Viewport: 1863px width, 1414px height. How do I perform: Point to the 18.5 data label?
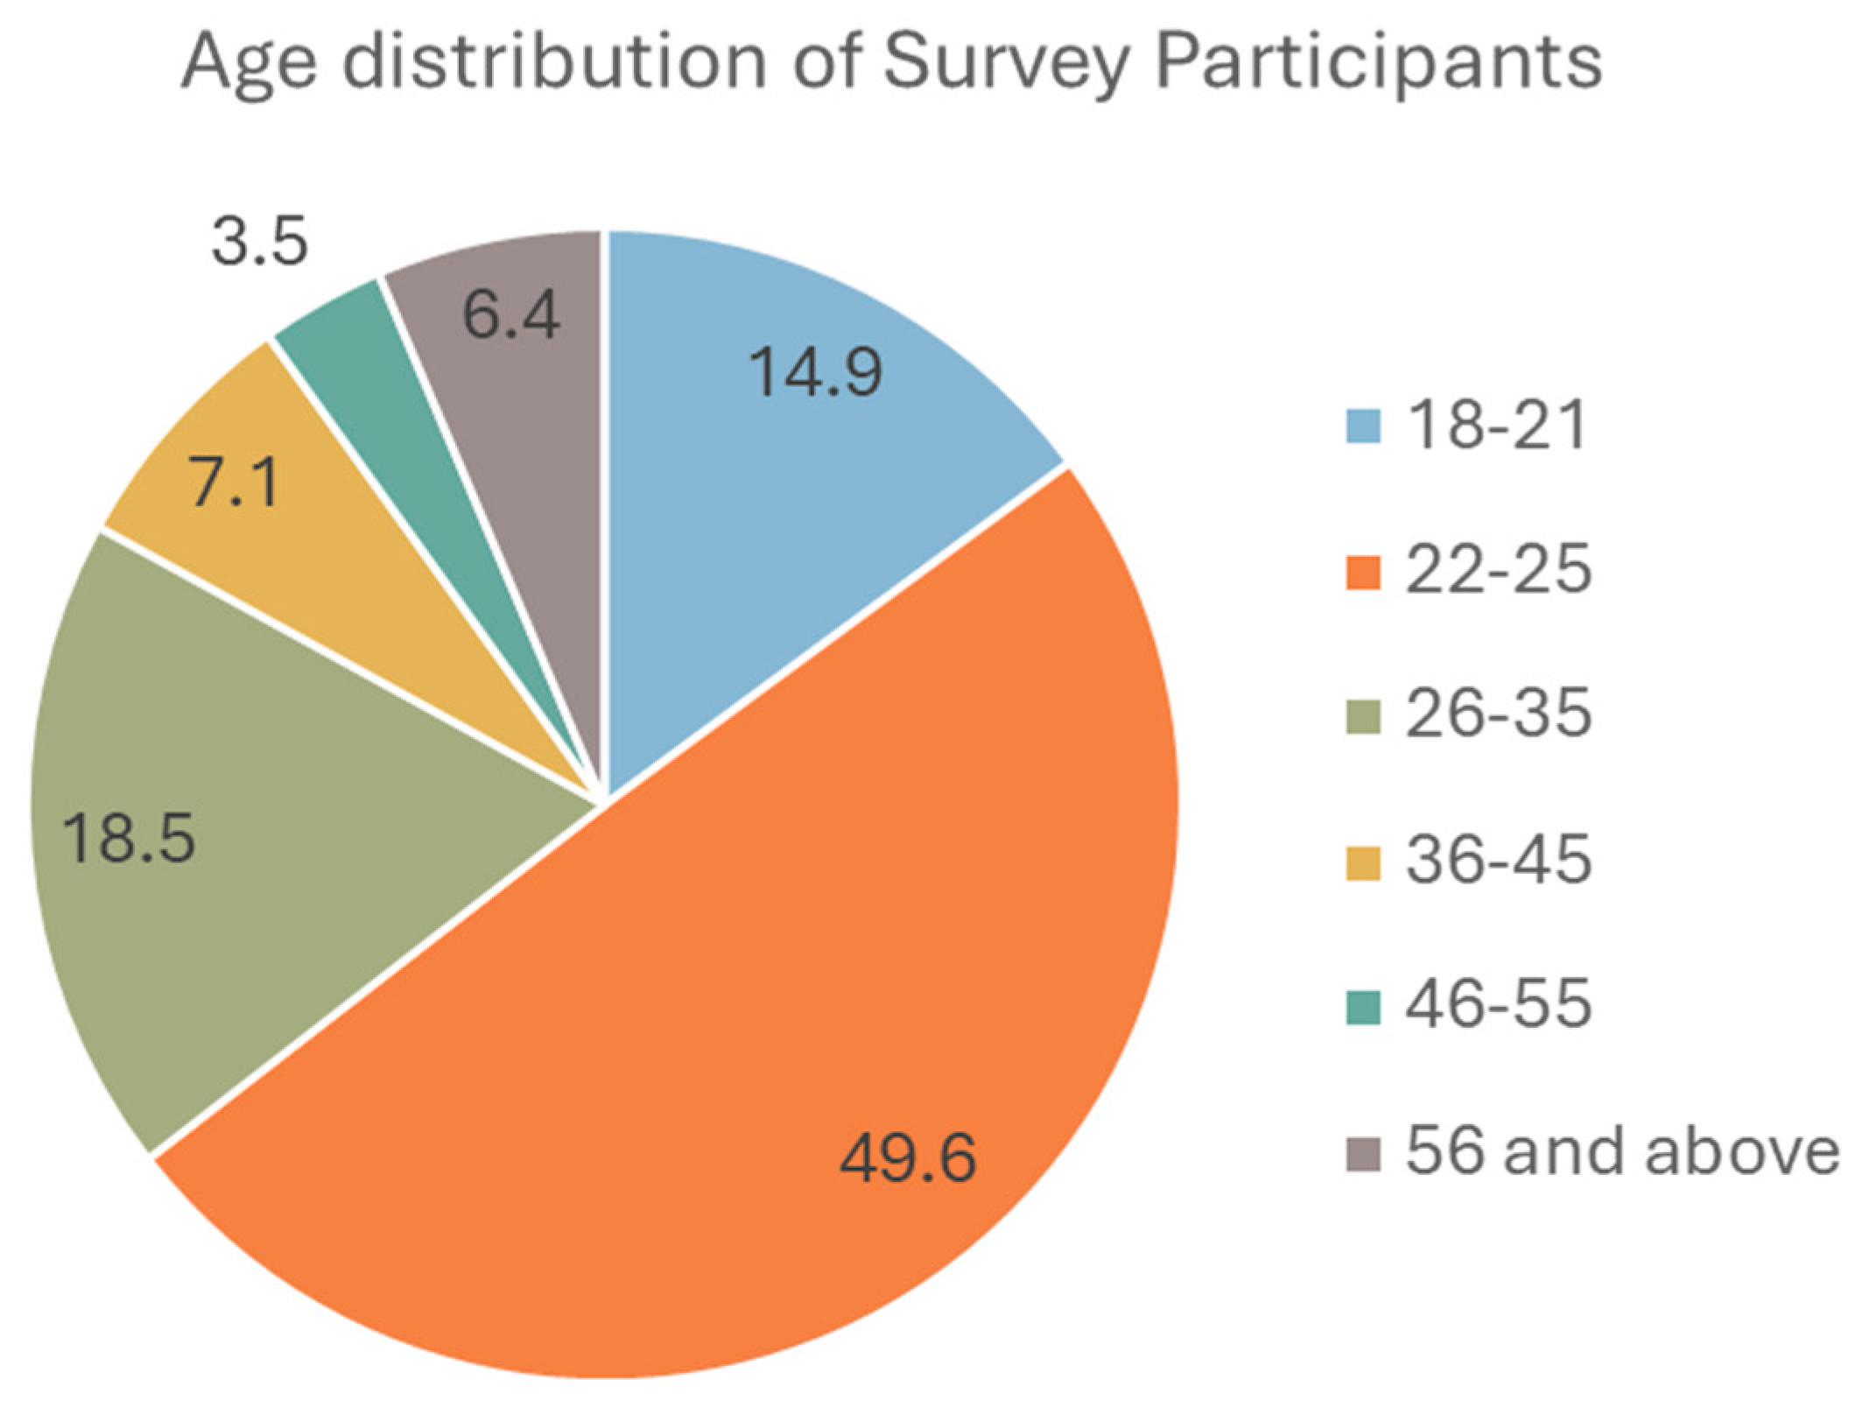tap(130, 838)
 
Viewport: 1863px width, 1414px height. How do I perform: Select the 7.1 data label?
tap(235, 484)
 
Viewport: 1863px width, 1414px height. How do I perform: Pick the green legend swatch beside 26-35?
tap(1362, 717)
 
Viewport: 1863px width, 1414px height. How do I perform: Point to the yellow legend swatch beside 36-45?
tap(1362, 862)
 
